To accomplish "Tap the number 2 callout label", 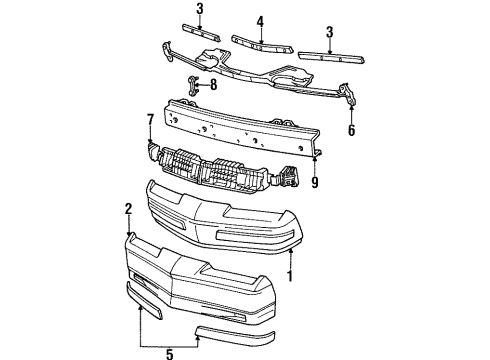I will point(129,209).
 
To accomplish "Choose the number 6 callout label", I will point(350,130).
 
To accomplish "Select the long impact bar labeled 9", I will point(240,125).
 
